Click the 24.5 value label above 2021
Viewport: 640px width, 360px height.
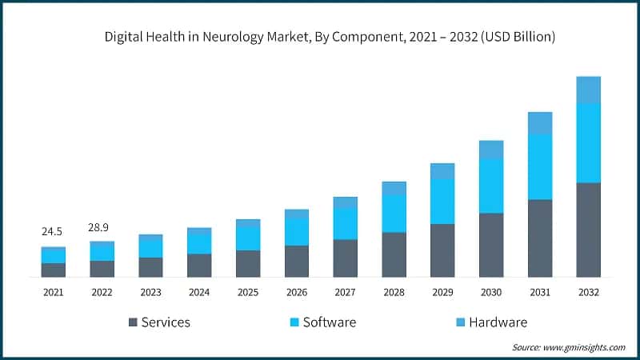53,232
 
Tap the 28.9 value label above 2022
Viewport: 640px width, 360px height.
102,227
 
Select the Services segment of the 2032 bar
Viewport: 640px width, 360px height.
588,230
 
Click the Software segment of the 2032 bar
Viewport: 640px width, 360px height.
588,142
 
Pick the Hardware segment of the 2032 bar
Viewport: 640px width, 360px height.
588,90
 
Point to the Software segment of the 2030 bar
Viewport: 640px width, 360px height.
491,186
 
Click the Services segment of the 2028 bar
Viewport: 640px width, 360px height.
394,254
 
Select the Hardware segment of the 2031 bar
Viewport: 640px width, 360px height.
539,123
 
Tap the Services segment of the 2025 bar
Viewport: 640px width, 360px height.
248,263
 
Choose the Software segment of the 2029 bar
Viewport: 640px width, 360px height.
442,202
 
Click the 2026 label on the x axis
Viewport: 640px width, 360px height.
296,293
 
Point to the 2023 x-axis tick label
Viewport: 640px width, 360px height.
150,293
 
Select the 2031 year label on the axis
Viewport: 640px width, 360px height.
539,293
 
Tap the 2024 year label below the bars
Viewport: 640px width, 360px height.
199,293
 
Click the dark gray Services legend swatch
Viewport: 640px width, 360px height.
133,322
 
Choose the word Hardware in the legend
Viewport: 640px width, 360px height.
498,322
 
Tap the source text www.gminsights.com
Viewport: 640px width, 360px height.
584,347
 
